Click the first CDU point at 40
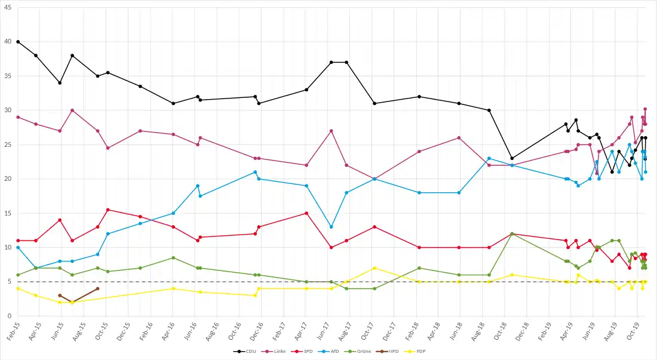click(x=18, y=42)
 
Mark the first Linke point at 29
click(x=18, y=117)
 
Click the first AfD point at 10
click(x=18, y=247)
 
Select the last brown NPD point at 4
click(x=97, y=288)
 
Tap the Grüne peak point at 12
click(x=512, y=233)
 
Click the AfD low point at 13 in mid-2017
click(x=331, y=227)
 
